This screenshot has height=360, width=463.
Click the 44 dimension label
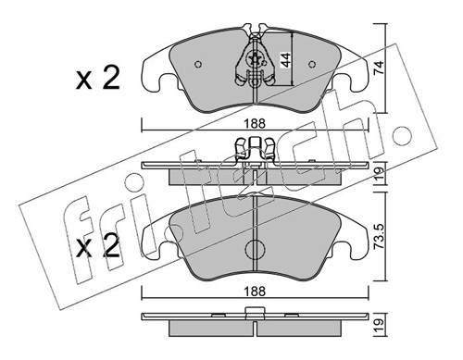[x=285, y=60]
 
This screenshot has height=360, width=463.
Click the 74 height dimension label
[x=379, y=68]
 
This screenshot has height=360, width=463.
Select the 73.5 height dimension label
[x=379, y=237]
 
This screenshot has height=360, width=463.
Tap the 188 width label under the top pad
[x=255, y=124]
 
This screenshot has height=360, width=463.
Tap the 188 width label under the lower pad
[x=255, y=291]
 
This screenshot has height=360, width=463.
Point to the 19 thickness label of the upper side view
[x=379, y=174]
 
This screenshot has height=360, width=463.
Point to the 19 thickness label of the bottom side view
[x=379, y=326]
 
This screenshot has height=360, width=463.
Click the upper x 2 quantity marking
[x=98, y=79]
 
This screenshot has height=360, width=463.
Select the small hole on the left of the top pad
[x=198, y=64]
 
